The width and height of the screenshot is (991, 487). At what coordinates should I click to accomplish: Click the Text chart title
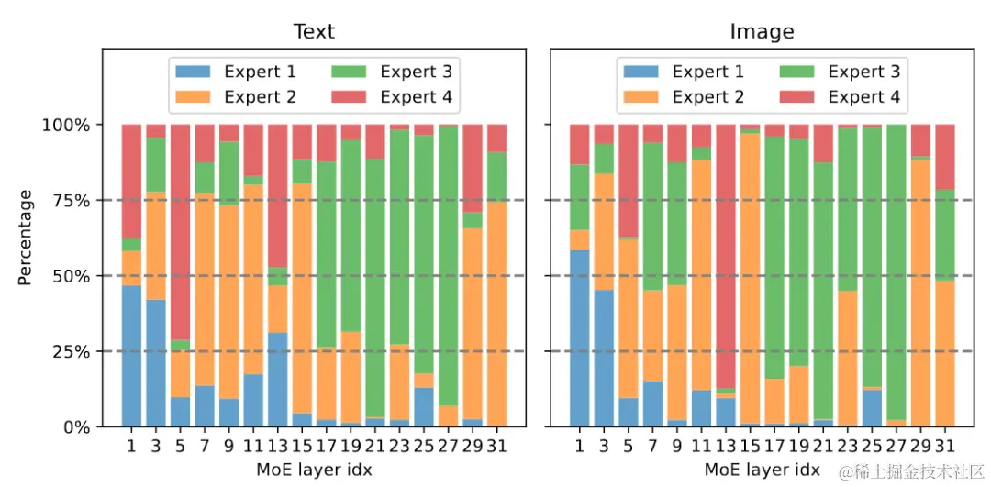314,31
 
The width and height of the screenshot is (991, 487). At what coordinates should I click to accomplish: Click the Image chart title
762,31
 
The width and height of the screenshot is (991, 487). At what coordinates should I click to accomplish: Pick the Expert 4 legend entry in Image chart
841,96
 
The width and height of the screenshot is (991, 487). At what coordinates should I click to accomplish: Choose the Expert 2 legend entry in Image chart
684,96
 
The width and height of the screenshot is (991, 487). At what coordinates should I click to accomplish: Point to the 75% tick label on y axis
67,200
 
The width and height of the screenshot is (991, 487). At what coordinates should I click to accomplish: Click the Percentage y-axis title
25,238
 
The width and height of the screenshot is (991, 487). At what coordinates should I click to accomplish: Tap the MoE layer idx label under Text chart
314,470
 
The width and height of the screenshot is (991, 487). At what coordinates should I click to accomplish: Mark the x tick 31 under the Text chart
496,448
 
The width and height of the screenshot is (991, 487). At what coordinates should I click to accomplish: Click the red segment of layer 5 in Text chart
180,229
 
